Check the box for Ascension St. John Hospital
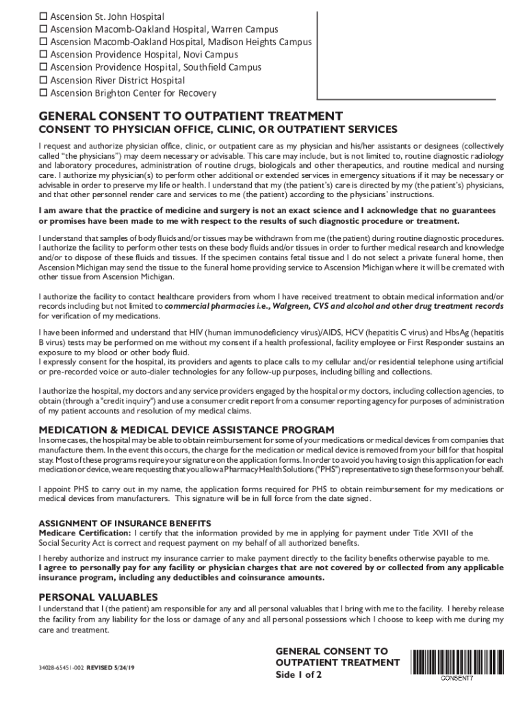click(x=44, y=16)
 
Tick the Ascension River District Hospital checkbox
click(x=44, y=81)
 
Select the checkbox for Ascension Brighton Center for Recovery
click(x=44, y=94)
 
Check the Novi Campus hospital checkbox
click(x=44, y=55)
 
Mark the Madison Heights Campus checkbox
click(x=44, y=42)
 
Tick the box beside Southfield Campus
click(x=44, y=68)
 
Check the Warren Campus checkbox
click(x=44, y=29)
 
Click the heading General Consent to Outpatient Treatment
click(x=190, y=116)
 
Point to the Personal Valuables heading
click(x=99, y=596)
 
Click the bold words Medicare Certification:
click(x=85, y=533)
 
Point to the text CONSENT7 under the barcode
click(x=457, y=678)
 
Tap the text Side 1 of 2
click(x=298, y=674)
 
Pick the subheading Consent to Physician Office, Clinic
click(x=218, y=129)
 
